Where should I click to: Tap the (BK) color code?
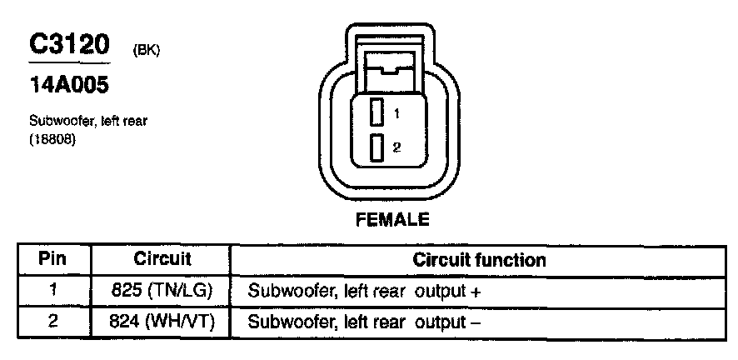pos(147,52)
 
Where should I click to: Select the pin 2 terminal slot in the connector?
pos(377,148)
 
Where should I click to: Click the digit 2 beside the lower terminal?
pos(397,148)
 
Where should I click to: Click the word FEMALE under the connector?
pos(391,221)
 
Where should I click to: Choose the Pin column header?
pos(53,259)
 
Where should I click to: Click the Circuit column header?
pos(162,259)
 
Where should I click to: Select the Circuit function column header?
pos(479,259)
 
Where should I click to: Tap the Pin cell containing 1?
pos(53,292)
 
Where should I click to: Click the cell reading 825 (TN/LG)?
pos(162,292)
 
